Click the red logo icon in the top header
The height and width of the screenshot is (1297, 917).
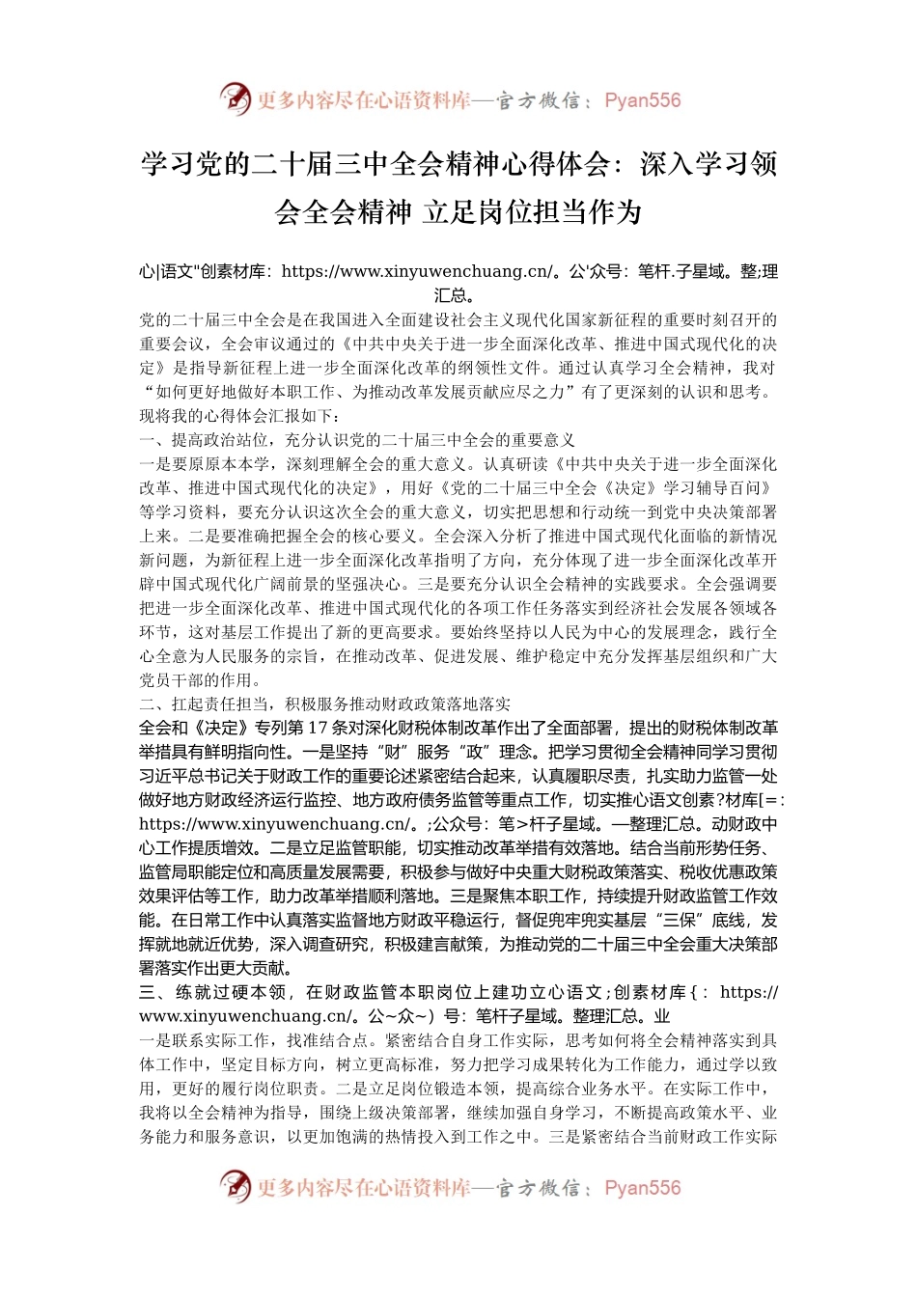coord(235,99)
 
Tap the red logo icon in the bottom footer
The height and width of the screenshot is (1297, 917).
coord(235,1187)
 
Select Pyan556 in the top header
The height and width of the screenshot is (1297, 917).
coord(642,100)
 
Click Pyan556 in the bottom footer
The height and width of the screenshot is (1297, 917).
coord(642,1188)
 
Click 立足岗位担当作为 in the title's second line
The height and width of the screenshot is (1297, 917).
coord(532,211)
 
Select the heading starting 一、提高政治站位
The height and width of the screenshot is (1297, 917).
coord(357,440)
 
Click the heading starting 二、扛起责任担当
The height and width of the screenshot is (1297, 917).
coord(325,704)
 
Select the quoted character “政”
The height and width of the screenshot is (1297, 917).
coord(478,752)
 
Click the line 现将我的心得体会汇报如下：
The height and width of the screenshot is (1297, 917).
coord(239,416)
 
